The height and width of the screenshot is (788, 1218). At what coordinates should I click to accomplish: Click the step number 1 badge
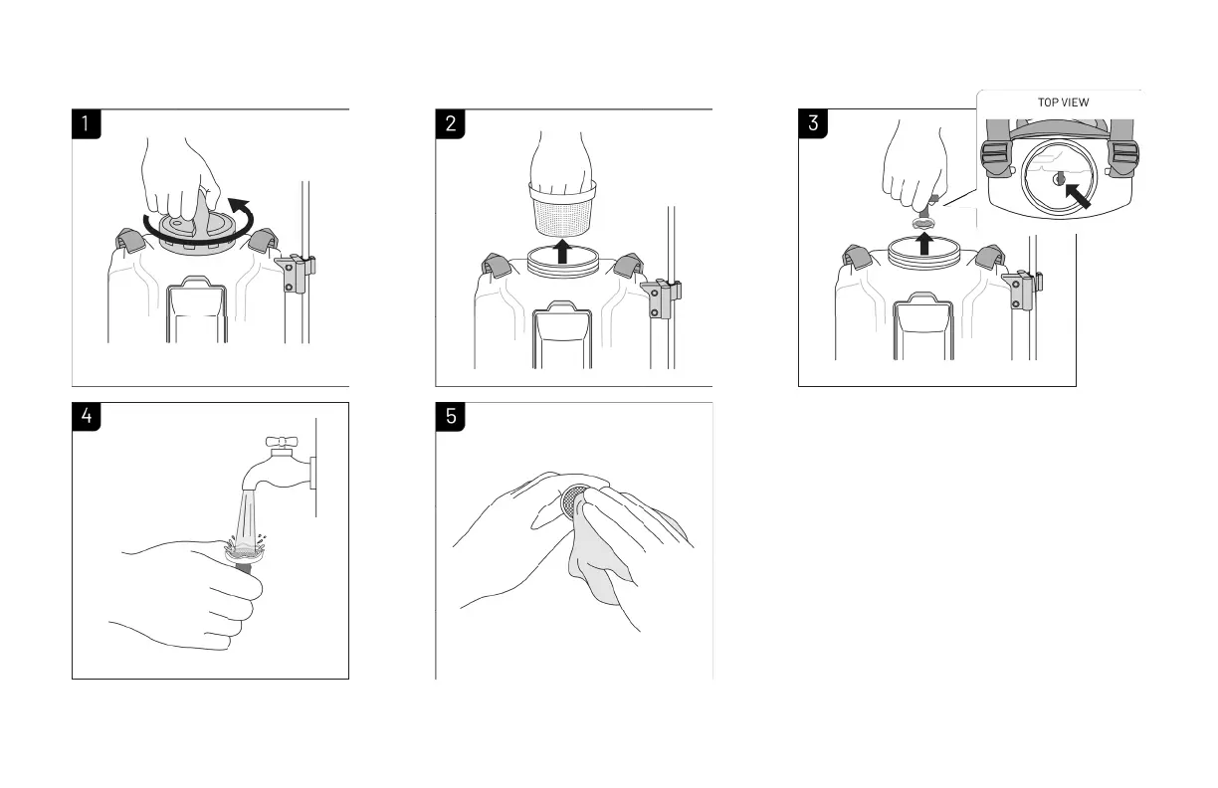[86, 124]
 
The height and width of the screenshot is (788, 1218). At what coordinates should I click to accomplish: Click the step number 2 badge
[450, 124]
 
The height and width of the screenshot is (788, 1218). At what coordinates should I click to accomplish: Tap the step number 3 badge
[813, 123]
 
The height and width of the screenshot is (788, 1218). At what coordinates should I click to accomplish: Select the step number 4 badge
[86, 417]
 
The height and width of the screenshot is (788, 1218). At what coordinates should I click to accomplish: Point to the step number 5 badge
[450, 417]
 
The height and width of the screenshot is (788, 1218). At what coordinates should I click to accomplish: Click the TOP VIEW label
[1063, 102]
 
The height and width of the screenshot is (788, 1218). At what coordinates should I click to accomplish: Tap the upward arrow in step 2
[563, 252]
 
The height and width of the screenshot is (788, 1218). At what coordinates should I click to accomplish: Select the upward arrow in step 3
[924, 244]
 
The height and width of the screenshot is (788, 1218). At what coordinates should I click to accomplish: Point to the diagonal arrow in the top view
[1078, 196]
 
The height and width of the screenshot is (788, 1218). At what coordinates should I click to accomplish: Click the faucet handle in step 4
[282, 442]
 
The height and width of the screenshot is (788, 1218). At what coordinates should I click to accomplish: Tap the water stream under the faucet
[247, 520]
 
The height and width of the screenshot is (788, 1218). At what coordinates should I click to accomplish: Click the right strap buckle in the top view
[1122, 158]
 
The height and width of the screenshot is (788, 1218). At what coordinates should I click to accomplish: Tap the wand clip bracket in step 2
[660, 298]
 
